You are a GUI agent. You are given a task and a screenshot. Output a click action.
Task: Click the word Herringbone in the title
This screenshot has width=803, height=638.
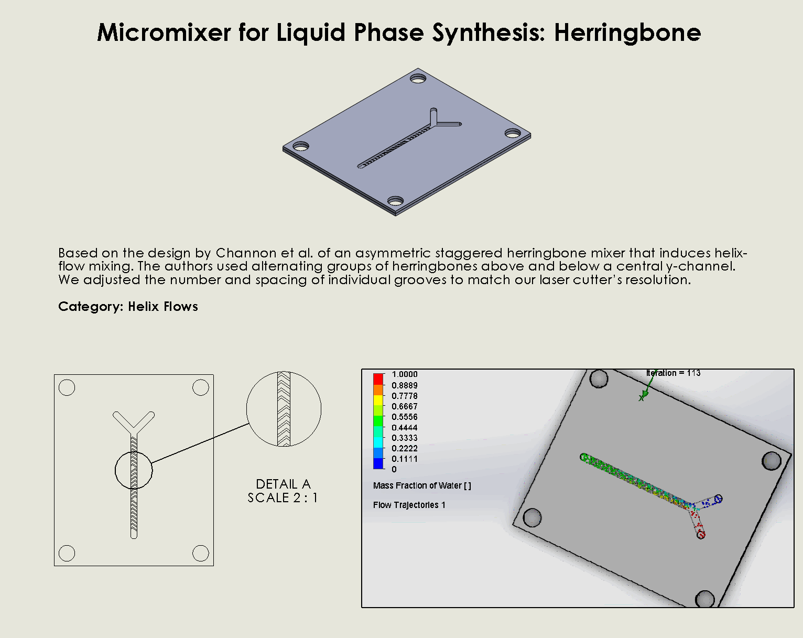tap(627, 33)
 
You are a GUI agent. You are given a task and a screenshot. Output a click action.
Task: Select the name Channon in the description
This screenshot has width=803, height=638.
tap(246, 253)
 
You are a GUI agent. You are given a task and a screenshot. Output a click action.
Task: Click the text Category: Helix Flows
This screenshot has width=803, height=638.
tap(128, 307)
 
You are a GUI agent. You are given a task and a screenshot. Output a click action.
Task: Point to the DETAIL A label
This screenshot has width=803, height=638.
tap(284, 484)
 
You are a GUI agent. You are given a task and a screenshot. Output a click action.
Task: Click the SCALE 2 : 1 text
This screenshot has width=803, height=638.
tap(283, 498)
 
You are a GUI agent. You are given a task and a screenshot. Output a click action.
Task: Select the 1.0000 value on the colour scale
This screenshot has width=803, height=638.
tap(405, 374)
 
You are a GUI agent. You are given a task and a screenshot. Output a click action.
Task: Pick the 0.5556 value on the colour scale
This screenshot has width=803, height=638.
tap(405, 417)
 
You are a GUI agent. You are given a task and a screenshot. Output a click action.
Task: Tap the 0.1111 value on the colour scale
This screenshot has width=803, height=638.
tap(405, 459)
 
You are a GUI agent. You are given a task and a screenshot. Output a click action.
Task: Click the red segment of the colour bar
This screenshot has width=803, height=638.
tap(378, 379)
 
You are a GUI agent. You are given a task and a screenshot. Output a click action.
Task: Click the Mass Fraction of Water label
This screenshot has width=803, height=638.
tap(422, 485)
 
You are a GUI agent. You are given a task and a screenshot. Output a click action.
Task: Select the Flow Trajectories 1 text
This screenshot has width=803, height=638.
tap(409, 505)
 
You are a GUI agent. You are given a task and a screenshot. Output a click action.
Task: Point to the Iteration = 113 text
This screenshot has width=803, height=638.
tap(673, 373)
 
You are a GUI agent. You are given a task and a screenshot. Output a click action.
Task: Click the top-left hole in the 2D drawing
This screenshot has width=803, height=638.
tap(67, 387)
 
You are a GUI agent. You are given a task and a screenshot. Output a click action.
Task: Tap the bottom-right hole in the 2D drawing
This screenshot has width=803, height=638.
tap(200, 553)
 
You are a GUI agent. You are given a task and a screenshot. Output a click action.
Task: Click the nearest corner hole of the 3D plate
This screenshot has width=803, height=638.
tap(396, 201)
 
